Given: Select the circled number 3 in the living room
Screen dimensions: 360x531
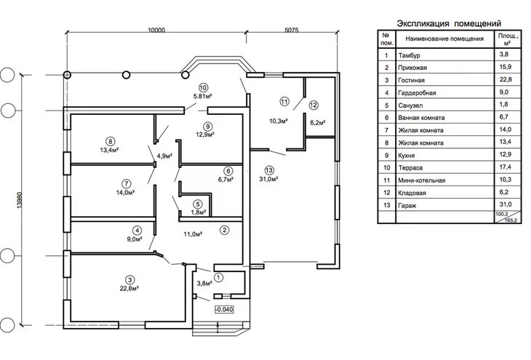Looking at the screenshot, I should tap(129, 279).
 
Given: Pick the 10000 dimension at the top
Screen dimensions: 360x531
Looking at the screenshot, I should tap(156, 31).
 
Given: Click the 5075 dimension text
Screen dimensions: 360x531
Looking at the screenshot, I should tap(288, 31).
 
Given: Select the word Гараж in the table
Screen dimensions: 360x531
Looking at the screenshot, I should tap(407, 206).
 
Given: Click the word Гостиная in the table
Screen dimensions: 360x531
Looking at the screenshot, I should tap(412, 80).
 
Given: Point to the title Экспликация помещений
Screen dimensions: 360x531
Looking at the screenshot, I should tap(449, 23).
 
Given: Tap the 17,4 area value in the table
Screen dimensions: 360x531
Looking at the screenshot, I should tap(503, 168).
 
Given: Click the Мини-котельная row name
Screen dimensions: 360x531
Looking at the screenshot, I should tap(422, 180).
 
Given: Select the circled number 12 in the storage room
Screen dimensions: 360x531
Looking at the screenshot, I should tap(314, 105).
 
